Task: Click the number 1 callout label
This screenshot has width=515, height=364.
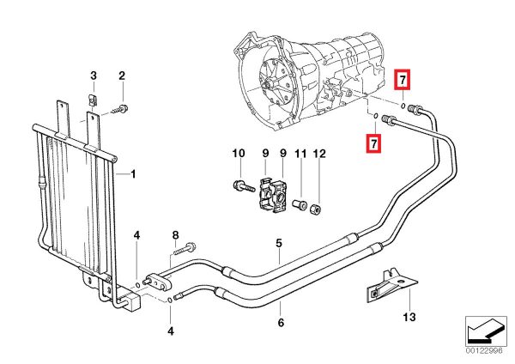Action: pyautogui.click(x=133, y=174)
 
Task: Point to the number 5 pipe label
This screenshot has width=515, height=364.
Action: pyautogui.click(x=278, y=244)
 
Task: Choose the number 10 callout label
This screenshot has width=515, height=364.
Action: pyautogui.click(x=239, y=154)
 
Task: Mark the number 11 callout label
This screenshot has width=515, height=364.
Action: pyautogui.click(x=300, y=154)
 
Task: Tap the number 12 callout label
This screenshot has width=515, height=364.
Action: pyautogui.click(x=319, y=154)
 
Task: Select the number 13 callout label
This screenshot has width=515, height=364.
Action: pyautogui.click(x=409, y=318)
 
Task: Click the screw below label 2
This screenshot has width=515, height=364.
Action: pyautogui.click(x=123, y=107)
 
